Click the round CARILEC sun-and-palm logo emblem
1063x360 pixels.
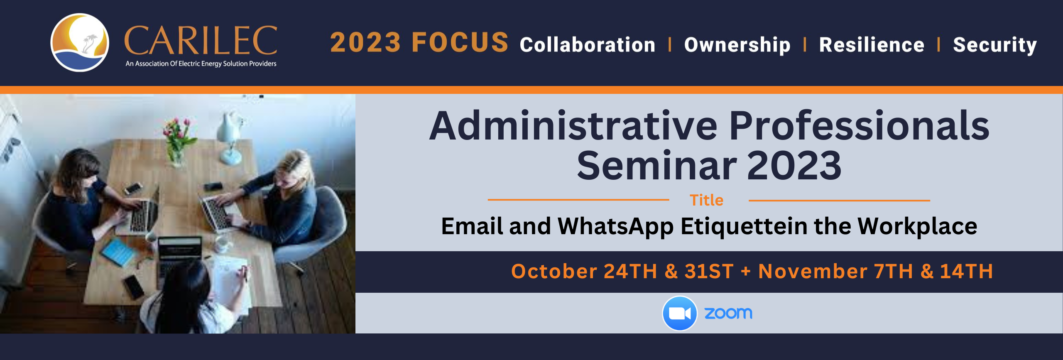coord(80,42)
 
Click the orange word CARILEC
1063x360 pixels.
coord(201,40)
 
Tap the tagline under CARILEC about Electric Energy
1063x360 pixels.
coord(201,64)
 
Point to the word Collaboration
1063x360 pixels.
coord(588,45)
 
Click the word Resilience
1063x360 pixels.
coord(872,45)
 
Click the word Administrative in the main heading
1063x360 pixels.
coord(573,125)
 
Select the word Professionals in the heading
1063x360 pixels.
coord(859,125)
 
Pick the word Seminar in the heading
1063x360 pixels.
coord(656,165)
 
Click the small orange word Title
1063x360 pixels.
coord(706,201)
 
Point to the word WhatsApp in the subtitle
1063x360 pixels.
coord(615,227)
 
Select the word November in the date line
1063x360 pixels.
coord(813,271)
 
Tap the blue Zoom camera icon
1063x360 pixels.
coord(679,313)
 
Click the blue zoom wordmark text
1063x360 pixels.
coord(728,313)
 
